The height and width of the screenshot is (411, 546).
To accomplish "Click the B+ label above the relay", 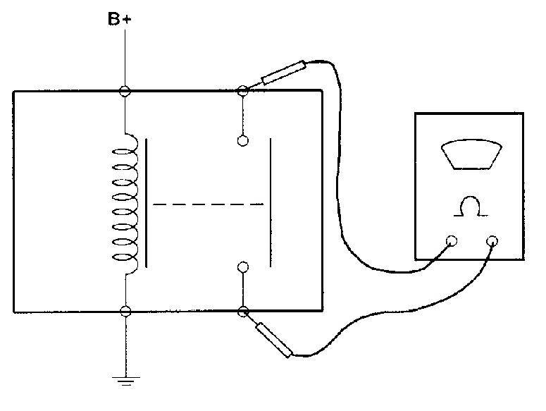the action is (120, 19).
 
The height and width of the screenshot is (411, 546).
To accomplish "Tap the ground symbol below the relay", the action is (125, 381).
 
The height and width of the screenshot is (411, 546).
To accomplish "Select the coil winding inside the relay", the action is (125, 204).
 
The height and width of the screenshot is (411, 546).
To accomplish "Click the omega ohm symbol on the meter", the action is (471, 207).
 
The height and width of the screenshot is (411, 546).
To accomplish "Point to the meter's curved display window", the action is (471, 154).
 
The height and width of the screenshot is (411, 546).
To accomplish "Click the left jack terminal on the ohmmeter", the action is (452, 241).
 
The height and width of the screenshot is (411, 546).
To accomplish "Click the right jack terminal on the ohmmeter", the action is (492, 241).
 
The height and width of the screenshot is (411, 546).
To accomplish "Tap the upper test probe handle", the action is (283, 73).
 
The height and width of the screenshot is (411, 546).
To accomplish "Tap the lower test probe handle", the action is (273, 340).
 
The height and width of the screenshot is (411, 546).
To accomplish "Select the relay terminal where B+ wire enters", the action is (125, 91).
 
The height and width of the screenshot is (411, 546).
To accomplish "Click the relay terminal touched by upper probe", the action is (242, 91).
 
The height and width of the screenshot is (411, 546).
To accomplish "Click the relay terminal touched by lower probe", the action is (243, 311).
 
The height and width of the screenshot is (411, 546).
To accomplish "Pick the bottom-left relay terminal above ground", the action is (125, 311).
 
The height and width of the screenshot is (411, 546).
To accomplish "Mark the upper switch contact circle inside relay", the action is (242, 141).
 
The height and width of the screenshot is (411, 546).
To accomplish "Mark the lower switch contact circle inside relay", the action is (243, 267).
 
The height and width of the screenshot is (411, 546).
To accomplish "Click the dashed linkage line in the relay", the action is (208, 204).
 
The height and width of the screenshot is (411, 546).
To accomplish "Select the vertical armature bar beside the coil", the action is (147, 203).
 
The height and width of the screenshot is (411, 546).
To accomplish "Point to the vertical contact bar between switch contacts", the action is (271, 202).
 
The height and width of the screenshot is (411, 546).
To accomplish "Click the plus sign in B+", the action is (127, 20).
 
